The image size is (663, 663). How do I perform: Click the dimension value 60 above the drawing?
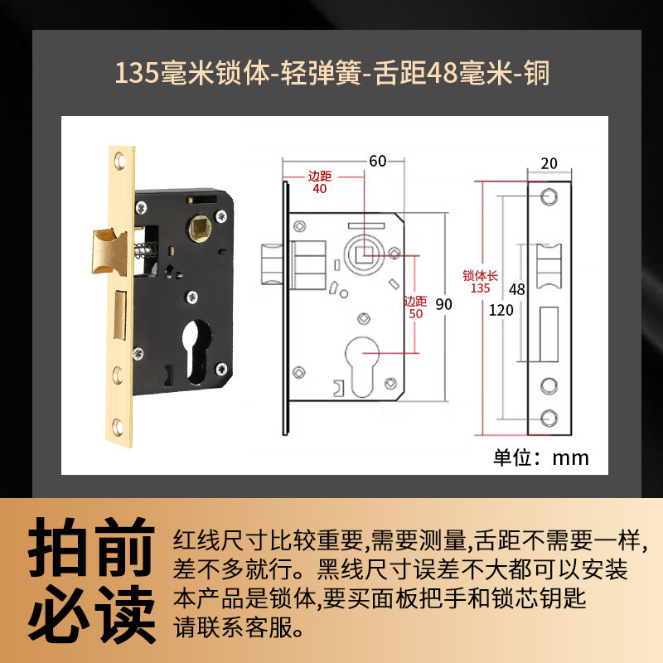click(378, 162)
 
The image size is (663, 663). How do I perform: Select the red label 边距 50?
click(414, 307)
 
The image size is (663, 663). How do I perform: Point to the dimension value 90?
click(444, 304)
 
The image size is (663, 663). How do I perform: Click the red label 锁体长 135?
click(480, 282)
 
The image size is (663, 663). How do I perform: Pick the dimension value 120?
click(501, 311)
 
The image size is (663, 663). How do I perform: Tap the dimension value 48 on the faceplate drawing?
click(518, 290)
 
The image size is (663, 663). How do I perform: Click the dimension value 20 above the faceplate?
click(549, 163)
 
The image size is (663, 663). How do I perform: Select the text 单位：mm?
click(541, 457)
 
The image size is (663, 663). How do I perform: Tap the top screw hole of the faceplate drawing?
click(548, 196)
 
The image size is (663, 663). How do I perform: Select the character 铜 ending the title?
click(535, 73)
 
